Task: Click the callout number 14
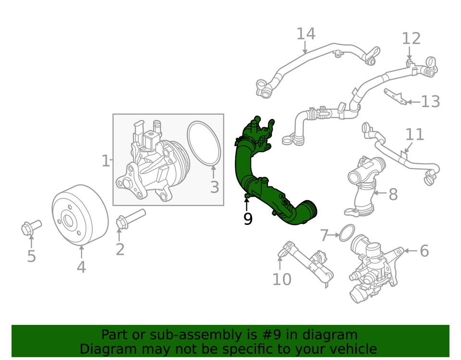[305, 34]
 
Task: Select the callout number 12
[411, 38]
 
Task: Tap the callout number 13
[430, 102]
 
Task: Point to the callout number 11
[415, 135]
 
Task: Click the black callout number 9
[248, 219]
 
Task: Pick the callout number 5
[31, 256]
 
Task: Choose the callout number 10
[282, 279]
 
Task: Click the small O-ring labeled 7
[347, 233]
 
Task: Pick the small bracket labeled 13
[395, 96]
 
